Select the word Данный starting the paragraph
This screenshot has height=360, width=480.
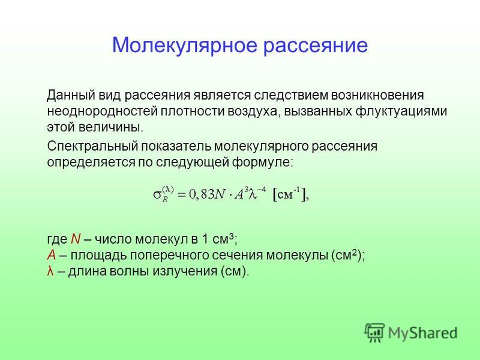coord(71,95)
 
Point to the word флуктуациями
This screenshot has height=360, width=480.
coord(401,112)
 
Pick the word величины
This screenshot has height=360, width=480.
coord(111,127)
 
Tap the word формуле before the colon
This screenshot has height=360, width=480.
coord(262,162)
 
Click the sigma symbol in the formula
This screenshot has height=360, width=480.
coord(157,194)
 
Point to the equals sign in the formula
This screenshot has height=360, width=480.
coord(181,194)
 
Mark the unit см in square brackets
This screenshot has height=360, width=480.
coord(285,195)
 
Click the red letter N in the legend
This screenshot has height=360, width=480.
coord(76,239)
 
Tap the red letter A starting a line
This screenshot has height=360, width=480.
coord(52,255)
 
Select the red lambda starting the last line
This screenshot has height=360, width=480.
coord(50,271)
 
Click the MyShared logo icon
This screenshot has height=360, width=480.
coord(374,332)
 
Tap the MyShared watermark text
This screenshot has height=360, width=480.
coord(423,333)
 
